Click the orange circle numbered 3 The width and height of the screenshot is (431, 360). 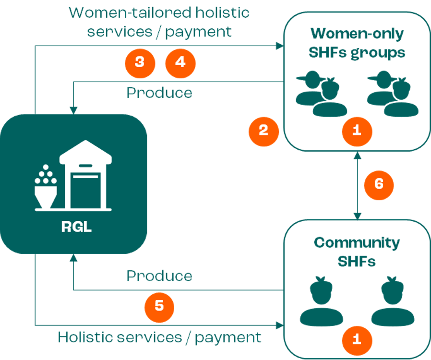tap(140, 62)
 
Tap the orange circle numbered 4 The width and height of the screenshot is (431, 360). tap(180, 62)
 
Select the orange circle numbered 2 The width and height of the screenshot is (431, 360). tap(263, 131)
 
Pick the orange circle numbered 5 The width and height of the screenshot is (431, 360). tap(159, 305)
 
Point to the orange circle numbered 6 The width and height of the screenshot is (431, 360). tap(379, 184)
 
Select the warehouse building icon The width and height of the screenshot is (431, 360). tap(85, 179)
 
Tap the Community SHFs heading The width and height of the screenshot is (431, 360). tap(357, 252)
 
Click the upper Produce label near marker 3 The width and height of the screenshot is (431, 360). tap(159, 93)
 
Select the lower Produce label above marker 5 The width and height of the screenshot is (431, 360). tap(159, 276)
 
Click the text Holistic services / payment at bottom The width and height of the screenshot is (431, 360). tap(160, 337)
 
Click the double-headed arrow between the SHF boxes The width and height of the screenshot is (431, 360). tap(357, 184)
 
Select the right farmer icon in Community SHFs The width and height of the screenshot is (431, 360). tap(393, 302)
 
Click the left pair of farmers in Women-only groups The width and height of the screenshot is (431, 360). tap(320, 94)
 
